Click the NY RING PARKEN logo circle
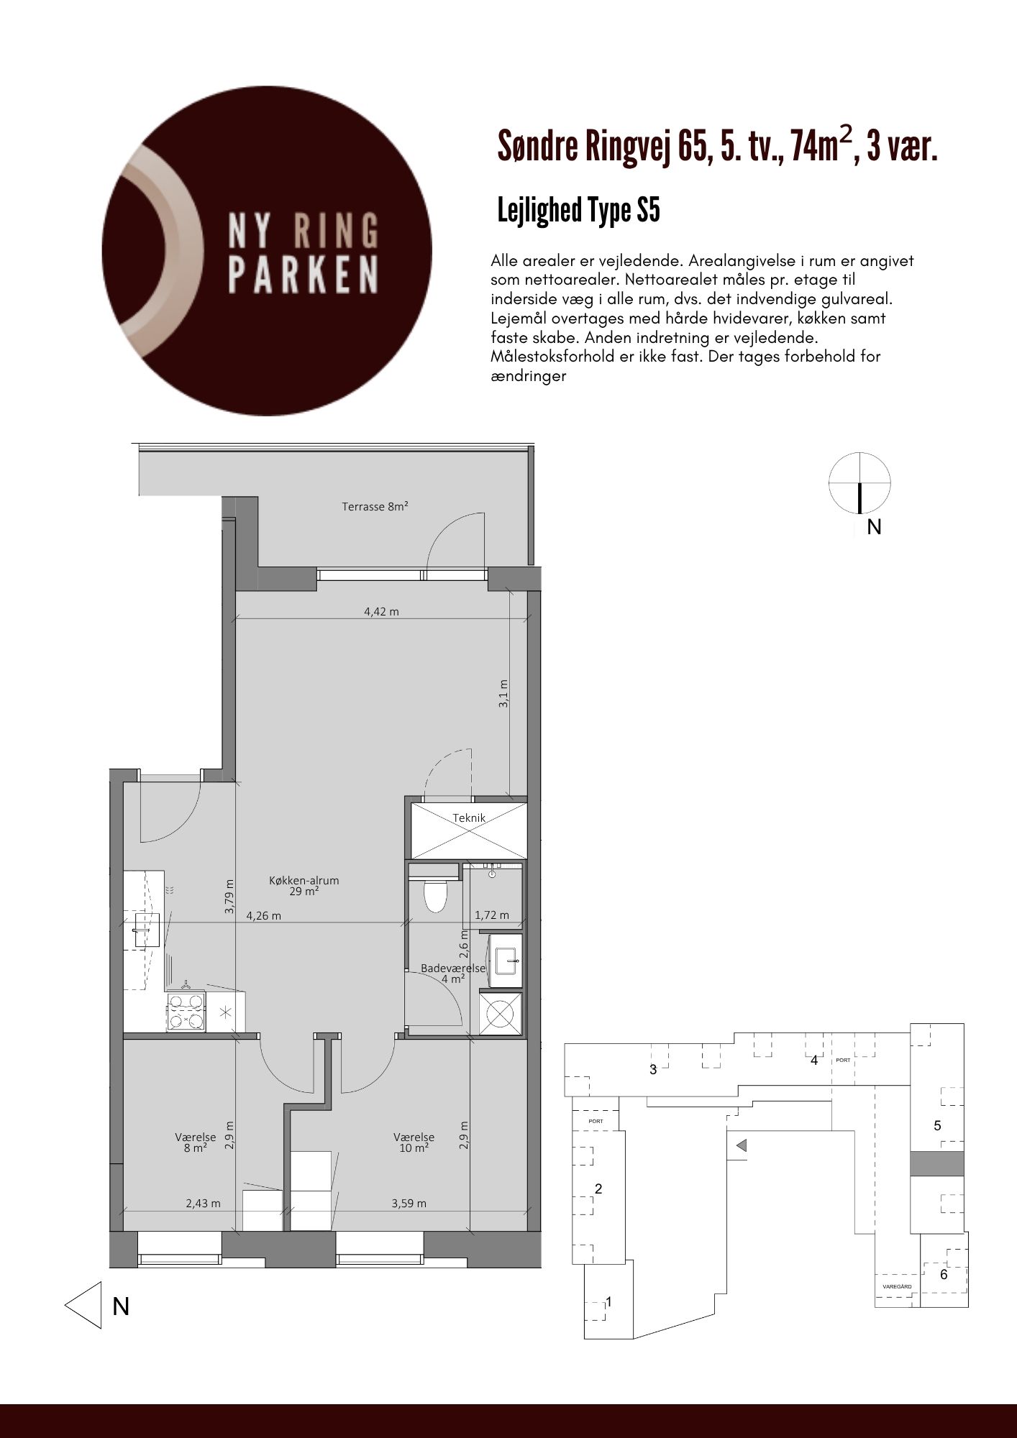pyautogui.click(x=267, y=251)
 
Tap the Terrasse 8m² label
pyautogui.click(x=375, y=506)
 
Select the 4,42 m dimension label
pyautogui.click(x=381, y=612)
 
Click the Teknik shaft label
pyautogui.click(x=469, y=818)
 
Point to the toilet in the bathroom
pyautogui.click(x=435, y=894)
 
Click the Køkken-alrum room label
pyautogui.click(x=304, y=885)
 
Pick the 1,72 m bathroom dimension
pyautogui.click(x=492, y=915)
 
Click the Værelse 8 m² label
pyautogui.click(x=195, y=1142)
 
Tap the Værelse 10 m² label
pyautogui.click(x=414, y=1142)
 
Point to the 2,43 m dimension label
pyautogui.click(x=204, y=1203)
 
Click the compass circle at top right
pyautogui.click(x=859, y=482)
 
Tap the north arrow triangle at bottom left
pyautogui.click(x=83, y=1305)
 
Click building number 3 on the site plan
pyautogui.click(x=653, y=1069)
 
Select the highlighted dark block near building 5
pyautogui.click(x=936, y=1163)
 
